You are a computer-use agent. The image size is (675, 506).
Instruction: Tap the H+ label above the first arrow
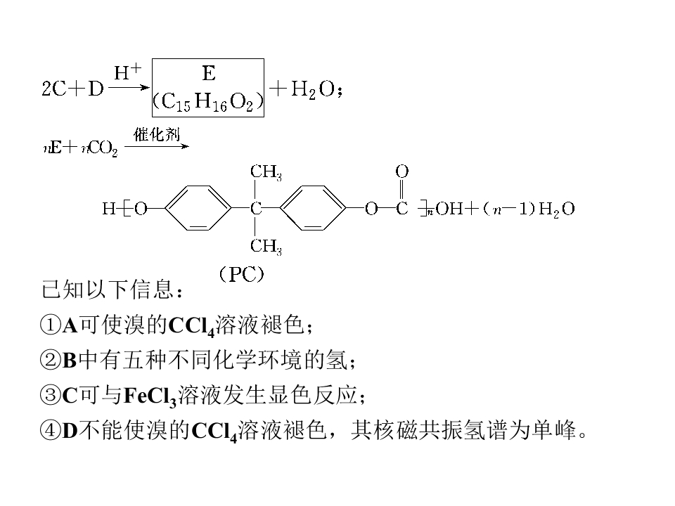click(x=127, y=72)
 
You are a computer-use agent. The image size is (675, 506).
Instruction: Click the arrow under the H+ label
click(x=128, y=88)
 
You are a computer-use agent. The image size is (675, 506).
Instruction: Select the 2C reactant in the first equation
click(x=54, y=89)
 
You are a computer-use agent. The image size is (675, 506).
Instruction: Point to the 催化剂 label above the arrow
click(x=157, y=134)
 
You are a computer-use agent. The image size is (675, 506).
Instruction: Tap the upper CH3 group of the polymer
click(x=266, y=172)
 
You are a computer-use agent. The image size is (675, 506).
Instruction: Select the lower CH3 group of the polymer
click(x=266, y=247)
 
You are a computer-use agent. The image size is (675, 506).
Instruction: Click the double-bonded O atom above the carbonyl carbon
click(x=401, y=171)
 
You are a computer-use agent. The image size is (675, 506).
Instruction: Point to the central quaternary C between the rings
click(x=256, y=209)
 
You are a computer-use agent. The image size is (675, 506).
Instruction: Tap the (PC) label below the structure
click(x=241, y=274)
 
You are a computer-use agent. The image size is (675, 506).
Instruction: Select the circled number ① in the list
click(x=50, y=325)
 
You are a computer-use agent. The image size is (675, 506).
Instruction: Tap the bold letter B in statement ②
click(x=70, y=360)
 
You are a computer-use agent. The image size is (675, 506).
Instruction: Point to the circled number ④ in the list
click(x=50, y=431)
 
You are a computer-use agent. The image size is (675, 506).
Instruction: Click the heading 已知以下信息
click(x=108, y=289)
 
